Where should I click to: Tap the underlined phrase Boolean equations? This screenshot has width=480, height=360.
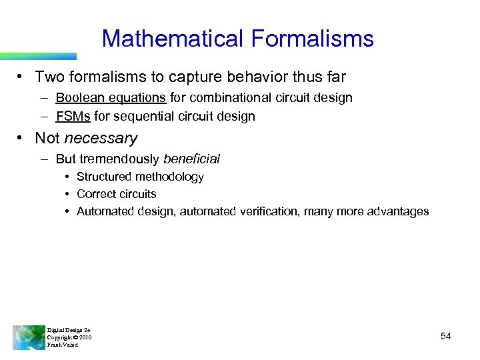point(111,98)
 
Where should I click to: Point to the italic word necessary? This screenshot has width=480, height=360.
point(101,139)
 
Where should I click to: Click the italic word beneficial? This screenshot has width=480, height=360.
point(191,159)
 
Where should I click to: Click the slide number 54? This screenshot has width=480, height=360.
point(446,337)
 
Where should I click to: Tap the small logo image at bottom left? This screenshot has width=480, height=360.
point(28,337)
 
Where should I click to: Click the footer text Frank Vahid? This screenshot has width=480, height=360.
point(63,345)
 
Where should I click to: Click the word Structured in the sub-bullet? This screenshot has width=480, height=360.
point(104,177)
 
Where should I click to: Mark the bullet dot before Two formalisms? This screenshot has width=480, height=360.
point(23,77)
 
